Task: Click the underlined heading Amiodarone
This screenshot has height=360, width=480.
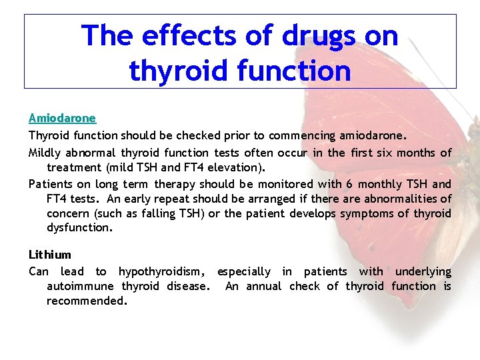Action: [62, 118]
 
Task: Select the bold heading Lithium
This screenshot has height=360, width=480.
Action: [49, 255]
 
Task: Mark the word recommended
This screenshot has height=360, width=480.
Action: [86, 301]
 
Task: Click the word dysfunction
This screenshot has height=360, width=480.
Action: [79, 228]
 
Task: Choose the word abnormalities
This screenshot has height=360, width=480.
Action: [404, 199]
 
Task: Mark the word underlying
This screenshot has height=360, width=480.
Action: [423, 271]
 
